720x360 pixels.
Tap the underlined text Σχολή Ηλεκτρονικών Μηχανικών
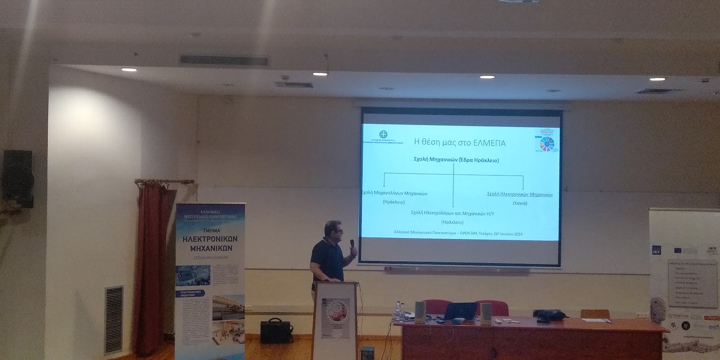520,194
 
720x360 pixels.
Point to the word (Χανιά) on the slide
520,203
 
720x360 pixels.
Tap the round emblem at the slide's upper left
383,135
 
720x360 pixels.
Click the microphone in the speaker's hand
353,247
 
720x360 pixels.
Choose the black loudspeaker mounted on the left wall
18,178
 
